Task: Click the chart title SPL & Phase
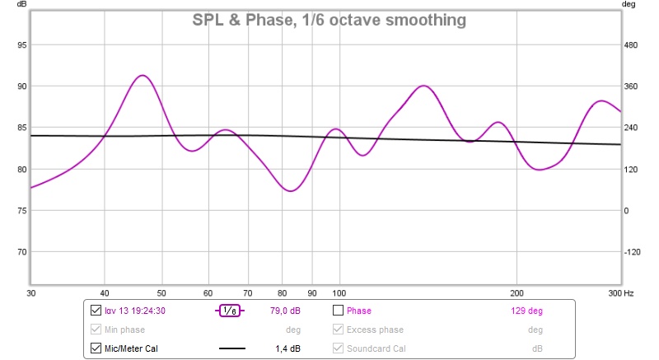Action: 329,19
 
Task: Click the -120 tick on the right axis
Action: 632,252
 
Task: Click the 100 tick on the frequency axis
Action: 338,292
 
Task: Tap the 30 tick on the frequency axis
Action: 31,292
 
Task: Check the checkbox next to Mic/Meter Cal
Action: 95,348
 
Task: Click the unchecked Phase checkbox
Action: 338,311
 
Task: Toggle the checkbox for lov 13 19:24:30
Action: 95,311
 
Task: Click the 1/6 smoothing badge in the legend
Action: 231,311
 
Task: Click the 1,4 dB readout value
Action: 287,348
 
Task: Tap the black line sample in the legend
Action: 231,348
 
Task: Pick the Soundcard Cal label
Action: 376,348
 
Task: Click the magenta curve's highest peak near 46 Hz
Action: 143,75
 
